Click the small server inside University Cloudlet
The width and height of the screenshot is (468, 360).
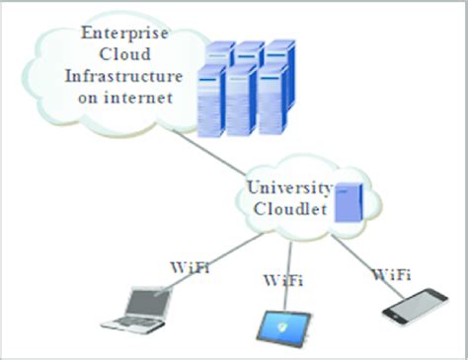(347, 202)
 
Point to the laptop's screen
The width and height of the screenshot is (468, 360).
(142, 300)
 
